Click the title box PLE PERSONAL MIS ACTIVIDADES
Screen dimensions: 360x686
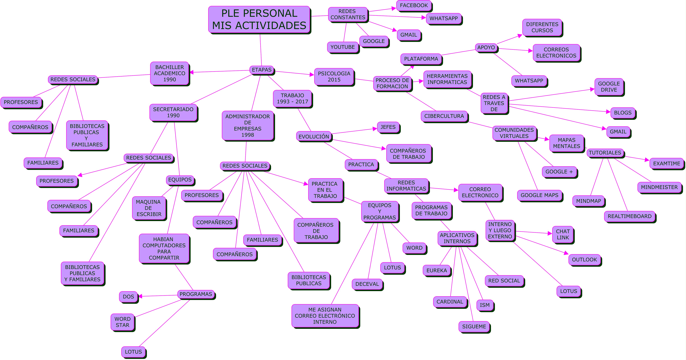tap(259, 20)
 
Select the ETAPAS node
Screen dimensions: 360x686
tap(262, 70)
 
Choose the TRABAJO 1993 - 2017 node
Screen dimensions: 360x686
tap(292, 99)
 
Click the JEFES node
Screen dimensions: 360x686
tap(388, 127)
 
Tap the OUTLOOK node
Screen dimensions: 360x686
tap(584, 260)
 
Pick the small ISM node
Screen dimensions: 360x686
tap(484, 305)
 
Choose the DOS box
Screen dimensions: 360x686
tap(128, 297)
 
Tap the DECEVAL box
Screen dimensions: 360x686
tap(367, 284)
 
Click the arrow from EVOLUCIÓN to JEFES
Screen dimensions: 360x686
tap(354, 131)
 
